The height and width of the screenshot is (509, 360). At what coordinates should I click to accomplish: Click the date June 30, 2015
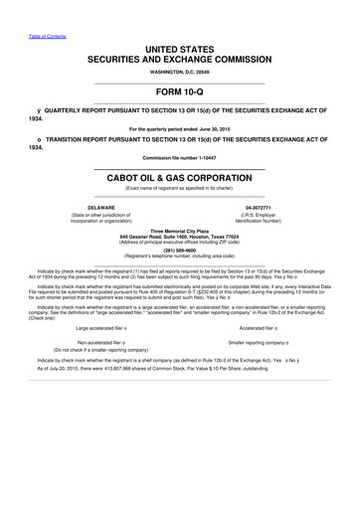[212, 129]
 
